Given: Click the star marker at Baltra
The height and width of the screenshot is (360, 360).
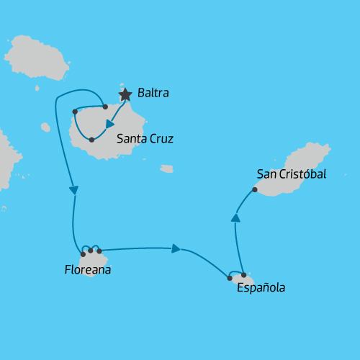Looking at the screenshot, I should tap(125, 94).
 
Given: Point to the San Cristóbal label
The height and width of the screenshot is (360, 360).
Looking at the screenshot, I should tap(291, 174).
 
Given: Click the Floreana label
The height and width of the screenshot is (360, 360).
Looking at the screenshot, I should tap(87, 271).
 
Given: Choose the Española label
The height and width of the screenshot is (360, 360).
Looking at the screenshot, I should tap(261, 288).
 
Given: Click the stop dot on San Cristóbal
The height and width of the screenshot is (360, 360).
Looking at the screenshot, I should tap(255, 190).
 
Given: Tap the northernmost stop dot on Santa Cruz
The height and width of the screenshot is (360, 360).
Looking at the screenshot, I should tap(105, 107).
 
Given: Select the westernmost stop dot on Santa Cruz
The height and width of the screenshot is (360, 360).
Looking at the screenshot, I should tap(75, 112).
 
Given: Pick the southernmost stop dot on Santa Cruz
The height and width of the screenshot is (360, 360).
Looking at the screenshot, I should tap(91, 139).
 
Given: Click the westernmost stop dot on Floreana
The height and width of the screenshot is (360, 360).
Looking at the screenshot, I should tap(83, 254).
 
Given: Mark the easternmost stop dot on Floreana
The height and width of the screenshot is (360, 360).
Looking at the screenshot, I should tap(99, 251).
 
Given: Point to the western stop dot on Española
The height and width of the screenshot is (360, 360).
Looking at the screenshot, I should tap(230, 278).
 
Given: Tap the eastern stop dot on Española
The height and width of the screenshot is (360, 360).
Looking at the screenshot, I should tap(244, 275).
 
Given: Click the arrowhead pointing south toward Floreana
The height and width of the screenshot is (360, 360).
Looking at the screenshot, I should tap(73, 190).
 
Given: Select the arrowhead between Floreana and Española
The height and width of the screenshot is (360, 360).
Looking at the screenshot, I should tap(176, 249).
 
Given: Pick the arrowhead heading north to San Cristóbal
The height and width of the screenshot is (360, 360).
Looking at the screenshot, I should tap(235, 217).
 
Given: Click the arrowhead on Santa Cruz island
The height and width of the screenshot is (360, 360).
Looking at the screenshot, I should tap(110, 124).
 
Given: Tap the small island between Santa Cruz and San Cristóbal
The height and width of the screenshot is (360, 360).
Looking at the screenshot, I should tap(166, 169).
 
